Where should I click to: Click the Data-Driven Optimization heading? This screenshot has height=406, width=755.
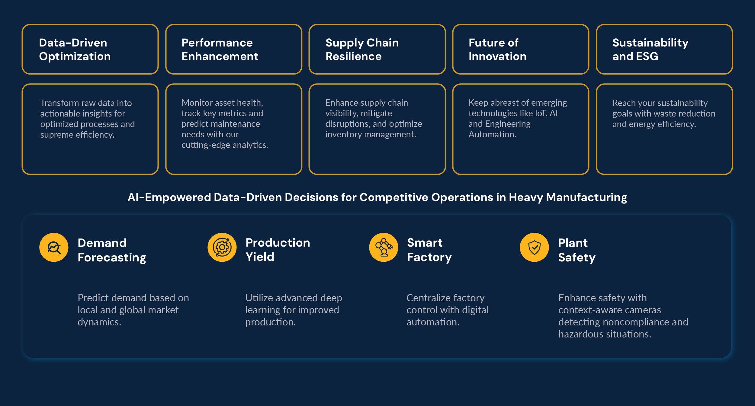pyautogui.click(x=75, y=50)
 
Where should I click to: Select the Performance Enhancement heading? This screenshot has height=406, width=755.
pyautogui.click(x=220, y=50)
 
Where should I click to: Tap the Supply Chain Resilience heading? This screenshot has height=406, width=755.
pyautogui.click(x=362, y=50)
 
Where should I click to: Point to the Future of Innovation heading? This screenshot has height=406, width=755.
pyautogui.click(x=497, y=50)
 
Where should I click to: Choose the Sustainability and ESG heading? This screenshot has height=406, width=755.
pyautogui.click(x=650, y=50)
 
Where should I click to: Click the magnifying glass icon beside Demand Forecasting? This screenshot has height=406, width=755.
pyautogui.click(x=54, y=248)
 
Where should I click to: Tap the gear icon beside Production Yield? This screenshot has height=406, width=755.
pyautogui.click(x=222, y=248)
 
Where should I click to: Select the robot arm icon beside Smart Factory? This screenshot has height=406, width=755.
pyautogui.click(x=384, y=248)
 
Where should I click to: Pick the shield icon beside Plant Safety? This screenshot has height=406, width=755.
pyautogui.click(x=534, y=248)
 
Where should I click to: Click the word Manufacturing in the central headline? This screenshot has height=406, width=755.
pyautogui.click(x=586, y=197)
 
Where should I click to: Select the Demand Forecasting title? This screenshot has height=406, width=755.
pyautogui.click(x=112, y=250)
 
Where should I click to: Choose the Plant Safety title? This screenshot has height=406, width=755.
pyautogui.click(x=577, y=250)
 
